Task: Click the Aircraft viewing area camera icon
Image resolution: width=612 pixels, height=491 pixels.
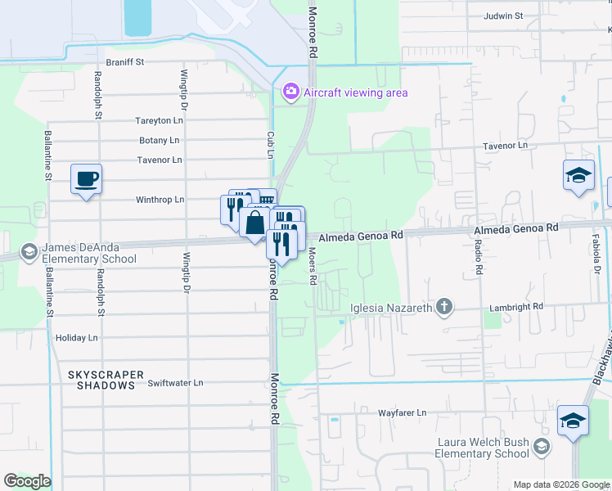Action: coord(290,92)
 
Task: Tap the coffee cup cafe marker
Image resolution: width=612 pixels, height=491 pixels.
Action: coord(86,178)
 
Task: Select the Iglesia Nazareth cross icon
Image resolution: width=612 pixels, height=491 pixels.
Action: coord(443,308)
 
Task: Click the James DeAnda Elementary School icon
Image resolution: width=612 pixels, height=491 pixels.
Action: coord(29,250)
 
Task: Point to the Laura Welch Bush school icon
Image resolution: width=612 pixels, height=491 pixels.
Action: coord(540,446)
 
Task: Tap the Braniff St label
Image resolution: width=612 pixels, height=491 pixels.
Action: coord(125,61)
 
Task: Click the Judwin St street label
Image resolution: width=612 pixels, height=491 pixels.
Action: coord(502,16)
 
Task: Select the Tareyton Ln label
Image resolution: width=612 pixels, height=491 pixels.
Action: coord(159,120)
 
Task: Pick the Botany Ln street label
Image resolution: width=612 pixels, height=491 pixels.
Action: coord(160,140)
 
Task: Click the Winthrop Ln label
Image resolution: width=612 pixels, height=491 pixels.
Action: coord(160,199)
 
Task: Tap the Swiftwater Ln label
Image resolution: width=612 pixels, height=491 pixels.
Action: coord(175,382)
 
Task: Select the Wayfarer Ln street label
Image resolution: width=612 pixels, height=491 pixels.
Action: coord(403,413)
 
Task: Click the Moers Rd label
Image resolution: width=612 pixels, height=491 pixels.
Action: coord(313,267)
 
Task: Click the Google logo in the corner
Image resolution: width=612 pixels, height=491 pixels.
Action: coord(27,481)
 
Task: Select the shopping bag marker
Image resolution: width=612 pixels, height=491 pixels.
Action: coord(255,222)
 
